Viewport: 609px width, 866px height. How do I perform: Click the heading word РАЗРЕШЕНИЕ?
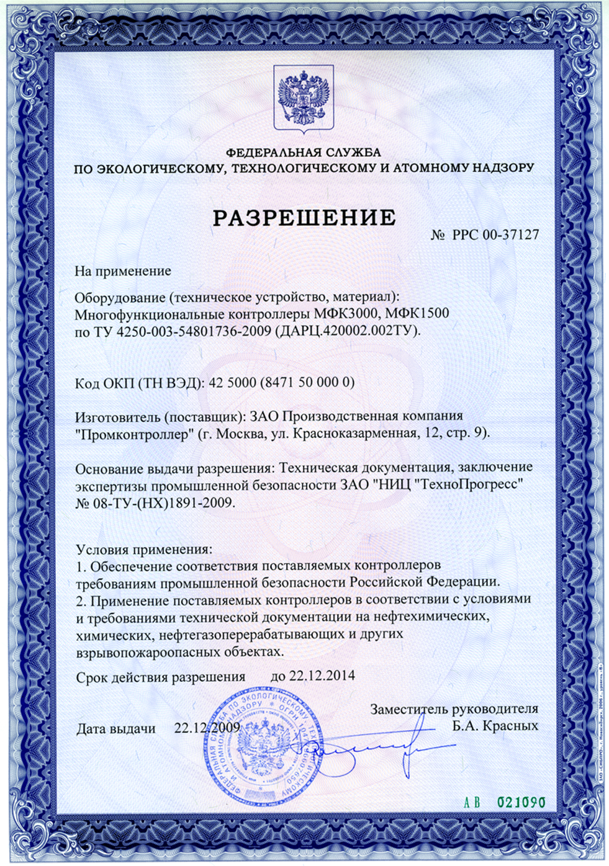click(304, 218)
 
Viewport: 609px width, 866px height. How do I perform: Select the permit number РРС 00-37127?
click(495, 234)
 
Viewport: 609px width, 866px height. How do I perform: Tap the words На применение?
click(123, 271)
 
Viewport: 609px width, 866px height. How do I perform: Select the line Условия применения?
click(144, 549)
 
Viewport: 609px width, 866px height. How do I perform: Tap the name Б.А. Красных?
click(495, 726)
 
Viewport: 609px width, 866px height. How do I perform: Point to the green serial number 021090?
click(521, 802)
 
